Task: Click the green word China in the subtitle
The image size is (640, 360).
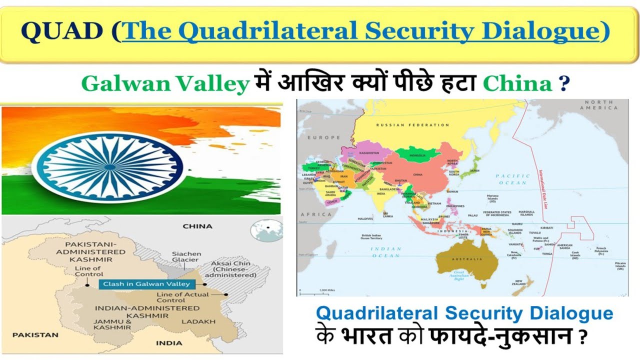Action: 518,83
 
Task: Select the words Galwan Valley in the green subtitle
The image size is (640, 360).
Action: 165,83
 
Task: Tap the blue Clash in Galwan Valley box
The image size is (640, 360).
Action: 146,284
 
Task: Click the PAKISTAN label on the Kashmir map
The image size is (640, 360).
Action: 35,334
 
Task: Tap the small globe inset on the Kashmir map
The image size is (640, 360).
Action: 266,230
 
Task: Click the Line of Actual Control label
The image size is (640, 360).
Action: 182,297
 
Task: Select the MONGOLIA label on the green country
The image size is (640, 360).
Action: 417,155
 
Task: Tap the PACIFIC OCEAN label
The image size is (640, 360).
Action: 512,179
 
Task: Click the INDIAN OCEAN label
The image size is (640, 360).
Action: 386,252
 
